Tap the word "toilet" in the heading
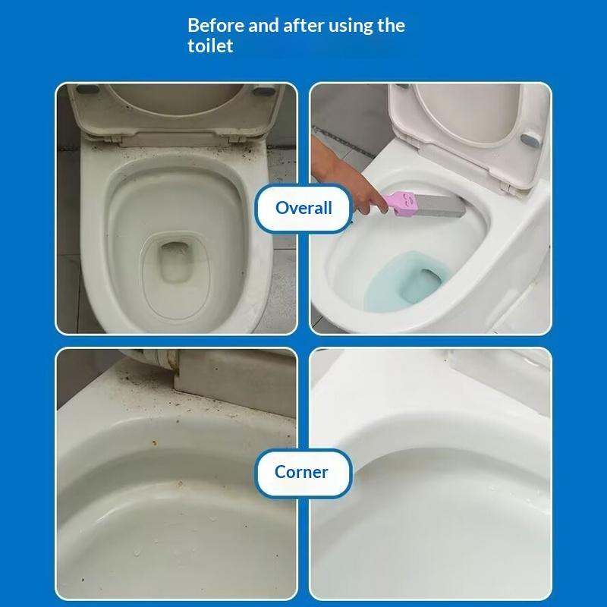click(x=210, y=46)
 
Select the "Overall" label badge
click(x=303, y=208)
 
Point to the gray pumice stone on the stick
click(x=441, y=206)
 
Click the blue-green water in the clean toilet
click(x=406, y=281)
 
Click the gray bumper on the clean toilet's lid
click(x=530, y=140)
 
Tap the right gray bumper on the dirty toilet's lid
click(x=263, y=92)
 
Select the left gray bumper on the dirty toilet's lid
click(x=87, y=90)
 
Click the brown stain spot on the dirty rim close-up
click(x=154, y=442)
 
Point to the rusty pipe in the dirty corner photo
click(x=155, y=359)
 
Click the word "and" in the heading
click(x=263, y=26)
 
